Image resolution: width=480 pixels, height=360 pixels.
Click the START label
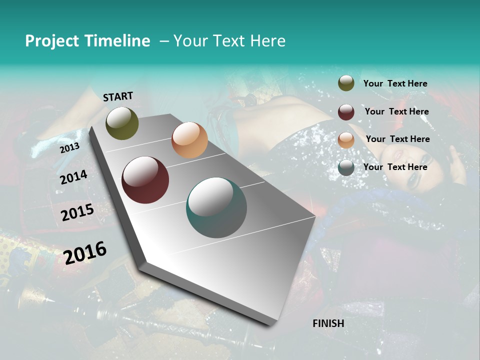[118, 96]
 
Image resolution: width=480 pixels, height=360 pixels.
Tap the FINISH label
[328, 323]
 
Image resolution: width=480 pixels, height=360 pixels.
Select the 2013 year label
[69, 148]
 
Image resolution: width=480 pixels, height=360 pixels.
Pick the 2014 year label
[73, 177]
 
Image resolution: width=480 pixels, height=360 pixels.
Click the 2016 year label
[85, 252]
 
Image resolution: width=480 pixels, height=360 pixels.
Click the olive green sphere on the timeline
[122, 123]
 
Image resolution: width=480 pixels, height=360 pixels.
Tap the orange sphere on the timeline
[189, 140]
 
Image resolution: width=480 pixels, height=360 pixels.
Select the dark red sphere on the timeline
[145, 180]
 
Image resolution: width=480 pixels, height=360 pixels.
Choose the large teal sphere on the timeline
[216, 207]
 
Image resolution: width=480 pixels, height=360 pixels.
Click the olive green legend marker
[346, 83]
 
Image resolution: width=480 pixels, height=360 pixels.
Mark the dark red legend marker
[346, 112]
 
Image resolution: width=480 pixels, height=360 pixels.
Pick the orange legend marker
[346, 139]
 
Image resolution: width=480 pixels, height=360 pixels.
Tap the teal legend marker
[346, 167]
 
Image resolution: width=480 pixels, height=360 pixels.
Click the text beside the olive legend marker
[395, 83]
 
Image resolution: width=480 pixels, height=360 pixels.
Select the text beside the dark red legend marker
[397, 111]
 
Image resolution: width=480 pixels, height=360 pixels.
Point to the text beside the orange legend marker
[398, 139]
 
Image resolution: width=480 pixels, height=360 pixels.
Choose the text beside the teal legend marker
[395, 167]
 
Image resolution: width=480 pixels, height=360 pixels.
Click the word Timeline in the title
[117, 41]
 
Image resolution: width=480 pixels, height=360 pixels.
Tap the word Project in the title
[51, 41]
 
